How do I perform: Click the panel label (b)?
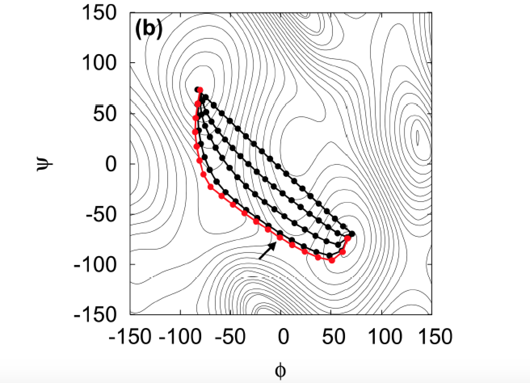click(149, 30)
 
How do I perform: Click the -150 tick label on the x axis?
click(130, 336)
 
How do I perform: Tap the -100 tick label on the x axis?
click(180, 336)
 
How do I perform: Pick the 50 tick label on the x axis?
click(331, 336)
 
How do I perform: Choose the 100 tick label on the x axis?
click(381, 336)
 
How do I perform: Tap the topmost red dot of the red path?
click(200, 90)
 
